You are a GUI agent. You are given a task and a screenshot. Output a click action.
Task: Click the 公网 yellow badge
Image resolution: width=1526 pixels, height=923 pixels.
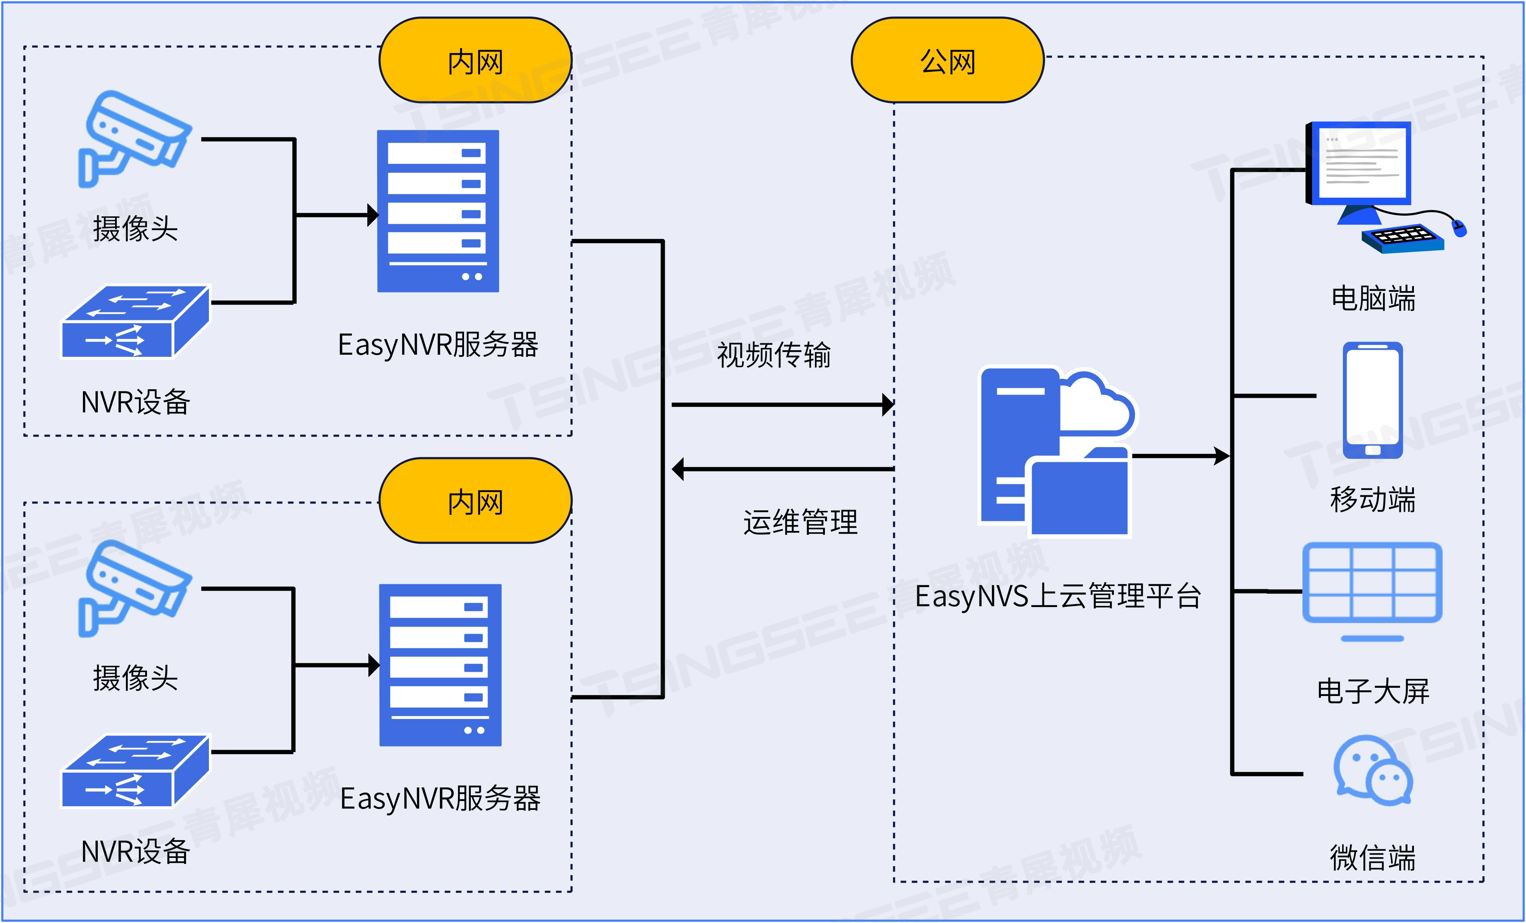point(948,60)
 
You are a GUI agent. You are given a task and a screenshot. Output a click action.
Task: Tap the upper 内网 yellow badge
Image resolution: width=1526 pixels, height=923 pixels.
point(475,60)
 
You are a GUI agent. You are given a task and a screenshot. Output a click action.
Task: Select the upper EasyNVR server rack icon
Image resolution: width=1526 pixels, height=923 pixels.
point(438,211)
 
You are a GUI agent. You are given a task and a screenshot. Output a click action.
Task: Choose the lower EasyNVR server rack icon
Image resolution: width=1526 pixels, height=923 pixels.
point(440,665)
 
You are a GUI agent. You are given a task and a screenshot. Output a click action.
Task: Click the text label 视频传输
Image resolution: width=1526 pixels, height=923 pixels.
point(774,355)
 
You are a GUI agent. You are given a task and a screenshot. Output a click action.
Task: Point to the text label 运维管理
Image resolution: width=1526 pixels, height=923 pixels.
point(800,522)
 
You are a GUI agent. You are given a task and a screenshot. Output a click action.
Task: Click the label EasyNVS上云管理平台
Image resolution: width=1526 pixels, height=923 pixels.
point(1058,596)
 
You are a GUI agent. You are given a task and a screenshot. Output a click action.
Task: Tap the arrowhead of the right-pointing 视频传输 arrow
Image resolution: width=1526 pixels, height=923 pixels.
point(888,405)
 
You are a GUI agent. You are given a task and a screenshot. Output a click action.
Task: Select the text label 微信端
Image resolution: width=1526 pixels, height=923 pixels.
point(1372,858)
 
